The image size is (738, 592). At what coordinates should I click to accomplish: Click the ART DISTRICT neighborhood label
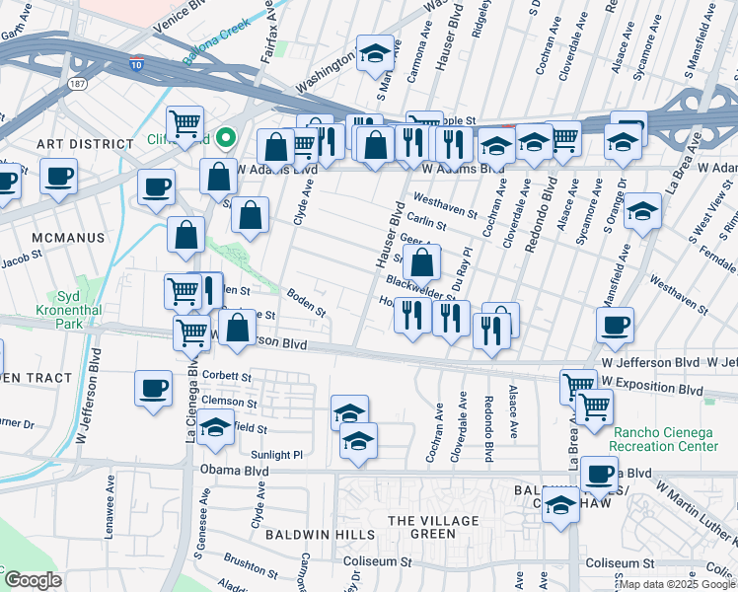click(70, 144)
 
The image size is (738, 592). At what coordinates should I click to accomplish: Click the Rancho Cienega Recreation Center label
click(666, 439)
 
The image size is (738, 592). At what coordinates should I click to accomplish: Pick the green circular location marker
click(225, 138)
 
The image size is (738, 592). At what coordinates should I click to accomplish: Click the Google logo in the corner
click(33, 580)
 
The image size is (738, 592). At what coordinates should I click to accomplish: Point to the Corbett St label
click(228, 375)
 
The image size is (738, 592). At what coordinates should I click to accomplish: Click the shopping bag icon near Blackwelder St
click(422, 263)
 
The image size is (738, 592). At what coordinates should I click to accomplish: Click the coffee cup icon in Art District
click(59, 178)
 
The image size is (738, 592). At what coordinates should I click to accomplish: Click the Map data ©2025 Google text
click(677, 584)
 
